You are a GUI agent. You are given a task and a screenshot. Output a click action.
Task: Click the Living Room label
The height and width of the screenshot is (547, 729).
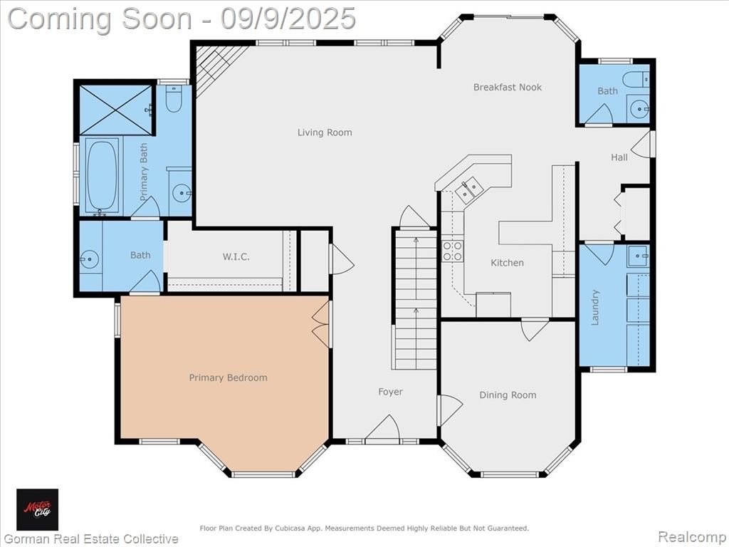coord(325,132)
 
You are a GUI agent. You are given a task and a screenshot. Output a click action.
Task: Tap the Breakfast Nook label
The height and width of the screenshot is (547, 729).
coord(507,87)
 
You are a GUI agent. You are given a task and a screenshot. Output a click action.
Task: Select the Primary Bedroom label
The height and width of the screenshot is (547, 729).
coord(228,377)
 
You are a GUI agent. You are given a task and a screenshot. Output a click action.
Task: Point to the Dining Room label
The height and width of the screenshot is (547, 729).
coord(508,395)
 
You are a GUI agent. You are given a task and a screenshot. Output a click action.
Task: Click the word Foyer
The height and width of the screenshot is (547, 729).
coord(390,392)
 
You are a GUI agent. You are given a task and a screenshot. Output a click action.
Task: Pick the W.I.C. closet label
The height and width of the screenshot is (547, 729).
coord(236,256)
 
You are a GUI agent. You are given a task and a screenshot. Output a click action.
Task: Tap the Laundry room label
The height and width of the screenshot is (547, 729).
coord(595,307)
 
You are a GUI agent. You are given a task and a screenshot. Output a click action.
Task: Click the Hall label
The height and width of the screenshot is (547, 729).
coord(619,157)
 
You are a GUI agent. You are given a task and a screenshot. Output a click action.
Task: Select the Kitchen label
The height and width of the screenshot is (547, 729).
coord(507,263)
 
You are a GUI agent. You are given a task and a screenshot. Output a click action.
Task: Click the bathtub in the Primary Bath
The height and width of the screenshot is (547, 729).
coord(103,176)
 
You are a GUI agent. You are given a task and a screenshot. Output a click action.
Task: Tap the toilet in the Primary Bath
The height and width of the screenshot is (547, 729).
coord(174,98)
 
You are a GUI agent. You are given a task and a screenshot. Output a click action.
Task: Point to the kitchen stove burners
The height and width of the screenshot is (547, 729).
coord(452,251)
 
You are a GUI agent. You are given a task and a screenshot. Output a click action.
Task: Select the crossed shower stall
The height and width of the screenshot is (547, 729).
coord(116,110)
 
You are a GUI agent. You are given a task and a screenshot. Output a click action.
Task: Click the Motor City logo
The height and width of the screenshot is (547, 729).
coord(38,509)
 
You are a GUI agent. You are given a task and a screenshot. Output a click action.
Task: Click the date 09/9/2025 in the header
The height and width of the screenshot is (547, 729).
coord(288,19)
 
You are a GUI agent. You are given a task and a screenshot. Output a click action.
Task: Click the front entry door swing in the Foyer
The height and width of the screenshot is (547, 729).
coord(382,427)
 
